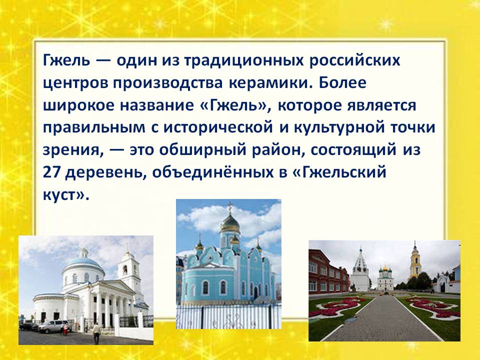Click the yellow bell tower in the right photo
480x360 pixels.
415,262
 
